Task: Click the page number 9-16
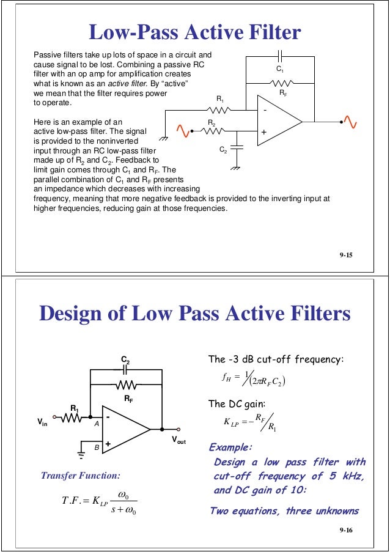(x=346, y=536)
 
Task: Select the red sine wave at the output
(x=351, y=120)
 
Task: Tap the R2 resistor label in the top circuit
(x=211, y=122)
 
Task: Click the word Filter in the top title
(x=268, y=32)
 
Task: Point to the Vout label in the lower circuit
(x=179, y=440)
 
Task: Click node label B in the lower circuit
(x=96, y=448)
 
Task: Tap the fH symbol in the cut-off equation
(x=230, y=377)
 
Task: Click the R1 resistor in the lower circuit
(x=72, y=419)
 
